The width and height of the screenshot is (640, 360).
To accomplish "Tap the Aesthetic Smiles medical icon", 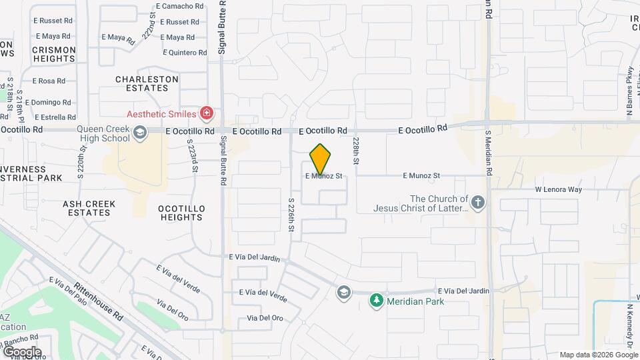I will pyautogui.click(x=207, y=113).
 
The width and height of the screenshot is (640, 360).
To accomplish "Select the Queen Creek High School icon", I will pyautogui.click(x=139, y=134).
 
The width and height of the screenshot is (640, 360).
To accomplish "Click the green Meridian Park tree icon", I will pyautogui.click(x=377, y=301).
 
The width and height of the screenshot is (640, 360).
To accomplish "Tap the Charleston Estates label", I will pyautogui.click(x=147, y=83).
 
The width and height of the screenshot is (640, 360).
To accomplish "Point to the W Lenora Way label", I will pyautogui.click(x=559, y=189).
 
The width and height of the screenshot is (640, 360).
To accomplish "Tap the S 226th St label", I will pyautogui.click(x=291, y=214).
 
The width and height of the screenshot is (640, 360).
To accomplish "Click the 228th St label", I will pyautogui.click(x=357, y=151).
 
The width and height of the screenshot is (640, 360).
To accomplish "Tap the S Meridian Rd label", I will pyautogui.click(x=488, y=153).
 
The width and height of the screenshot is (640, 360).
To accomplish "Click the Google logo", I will pyautogui.click(x=21, y=352).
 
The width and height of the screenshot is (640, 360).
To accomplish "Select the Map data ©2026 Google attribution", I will pyautogui.click(x=598, y=355).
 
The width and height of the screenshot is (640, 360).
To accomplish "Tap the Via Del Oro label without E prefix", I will pyautogui.click(x=265, y=318).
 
